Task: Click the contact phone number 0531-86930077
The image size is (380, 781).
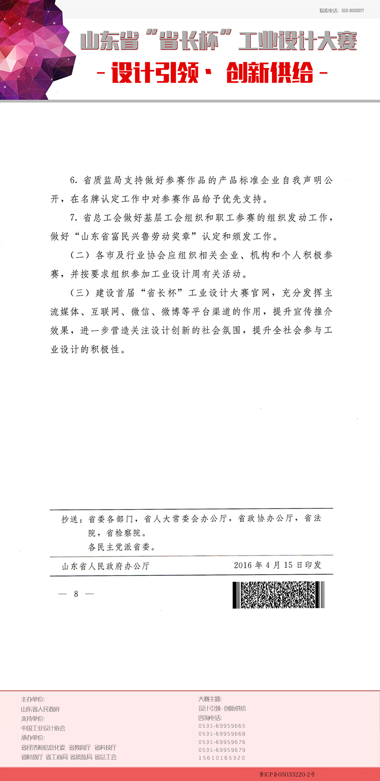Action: tap(352, 11)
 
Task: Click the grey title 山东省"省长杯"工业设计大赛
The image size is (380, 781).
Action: tap(218, 41)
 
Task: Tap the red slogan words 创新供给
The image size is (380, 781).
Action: tap(270, 73)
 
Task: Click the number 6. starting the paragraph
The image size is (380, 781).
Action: tap(74, 180)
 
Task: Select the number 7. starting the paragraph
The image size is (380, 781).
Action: tap(74, 218)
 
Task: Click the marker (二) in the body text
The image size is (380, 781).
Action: tap(80, 255)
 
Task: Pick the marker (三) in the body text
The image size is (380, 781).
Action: tap(80, 293)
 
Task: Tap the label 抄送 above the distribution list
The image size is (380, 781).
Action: tap(70, 519)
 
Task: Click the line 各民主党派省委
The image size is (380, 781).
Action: tap(122, 547)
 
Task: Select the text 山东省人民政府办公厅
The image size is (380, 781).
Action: tap(106, 566)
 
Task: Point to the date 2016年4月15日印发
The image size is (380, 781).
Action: tap(277, 565)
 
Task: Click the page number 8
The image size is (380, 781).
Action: tap(76, 594)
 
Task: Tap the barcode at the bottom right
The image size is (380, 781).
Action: tap(278, 594)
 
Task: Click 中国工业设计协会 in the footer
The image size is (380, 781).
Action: tap(43, 728)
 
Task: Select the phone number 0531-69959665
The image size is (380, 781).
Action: tap(222, 726)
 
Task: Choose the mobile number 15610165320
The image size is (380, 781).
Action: tap(222, 758)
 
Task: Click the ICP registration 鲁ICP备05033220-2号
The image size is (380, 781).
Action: tap(287, 774)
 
